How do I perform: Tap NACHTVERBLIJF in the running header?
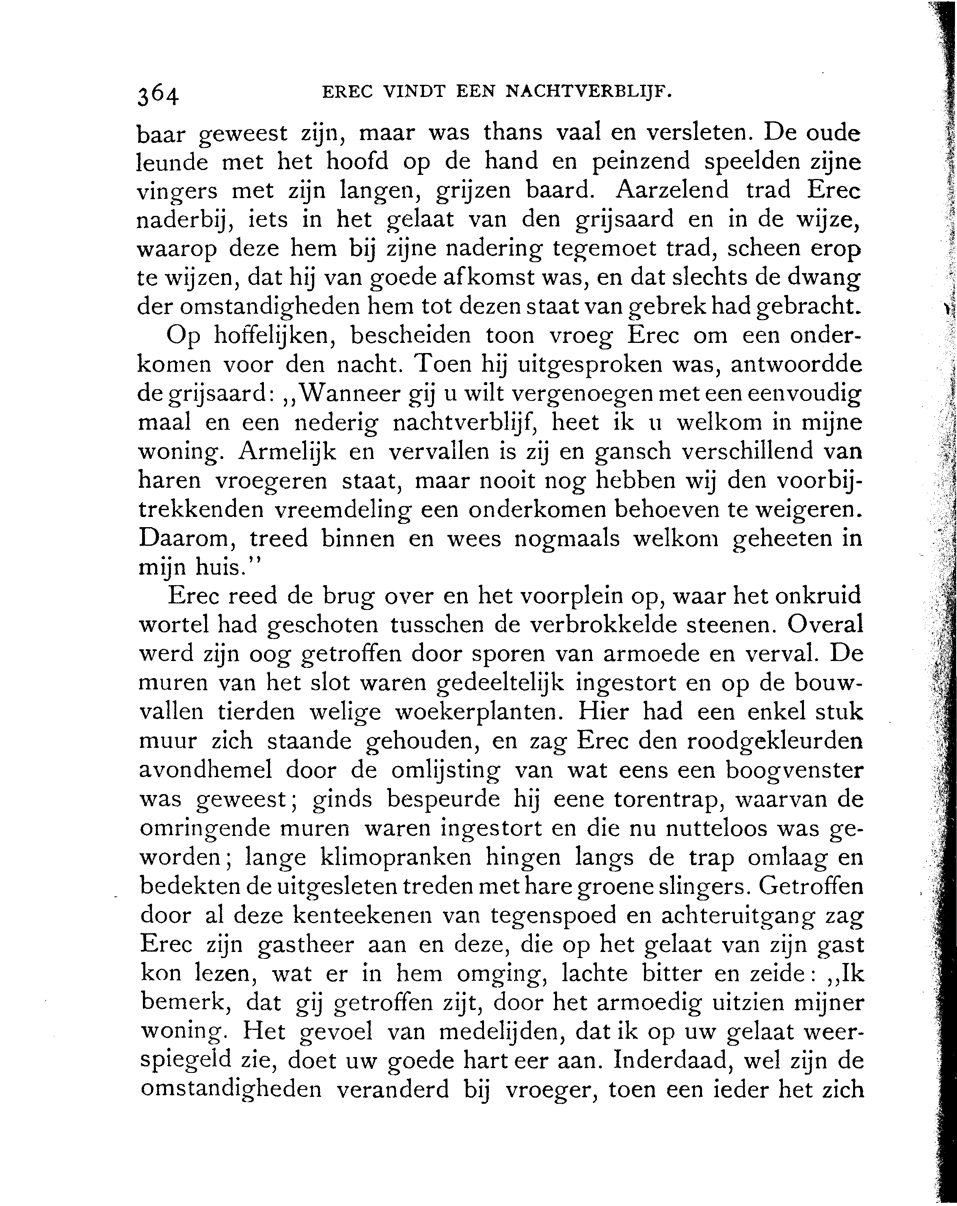[588, 92]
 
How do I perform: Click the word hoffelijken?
[277, 336]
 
